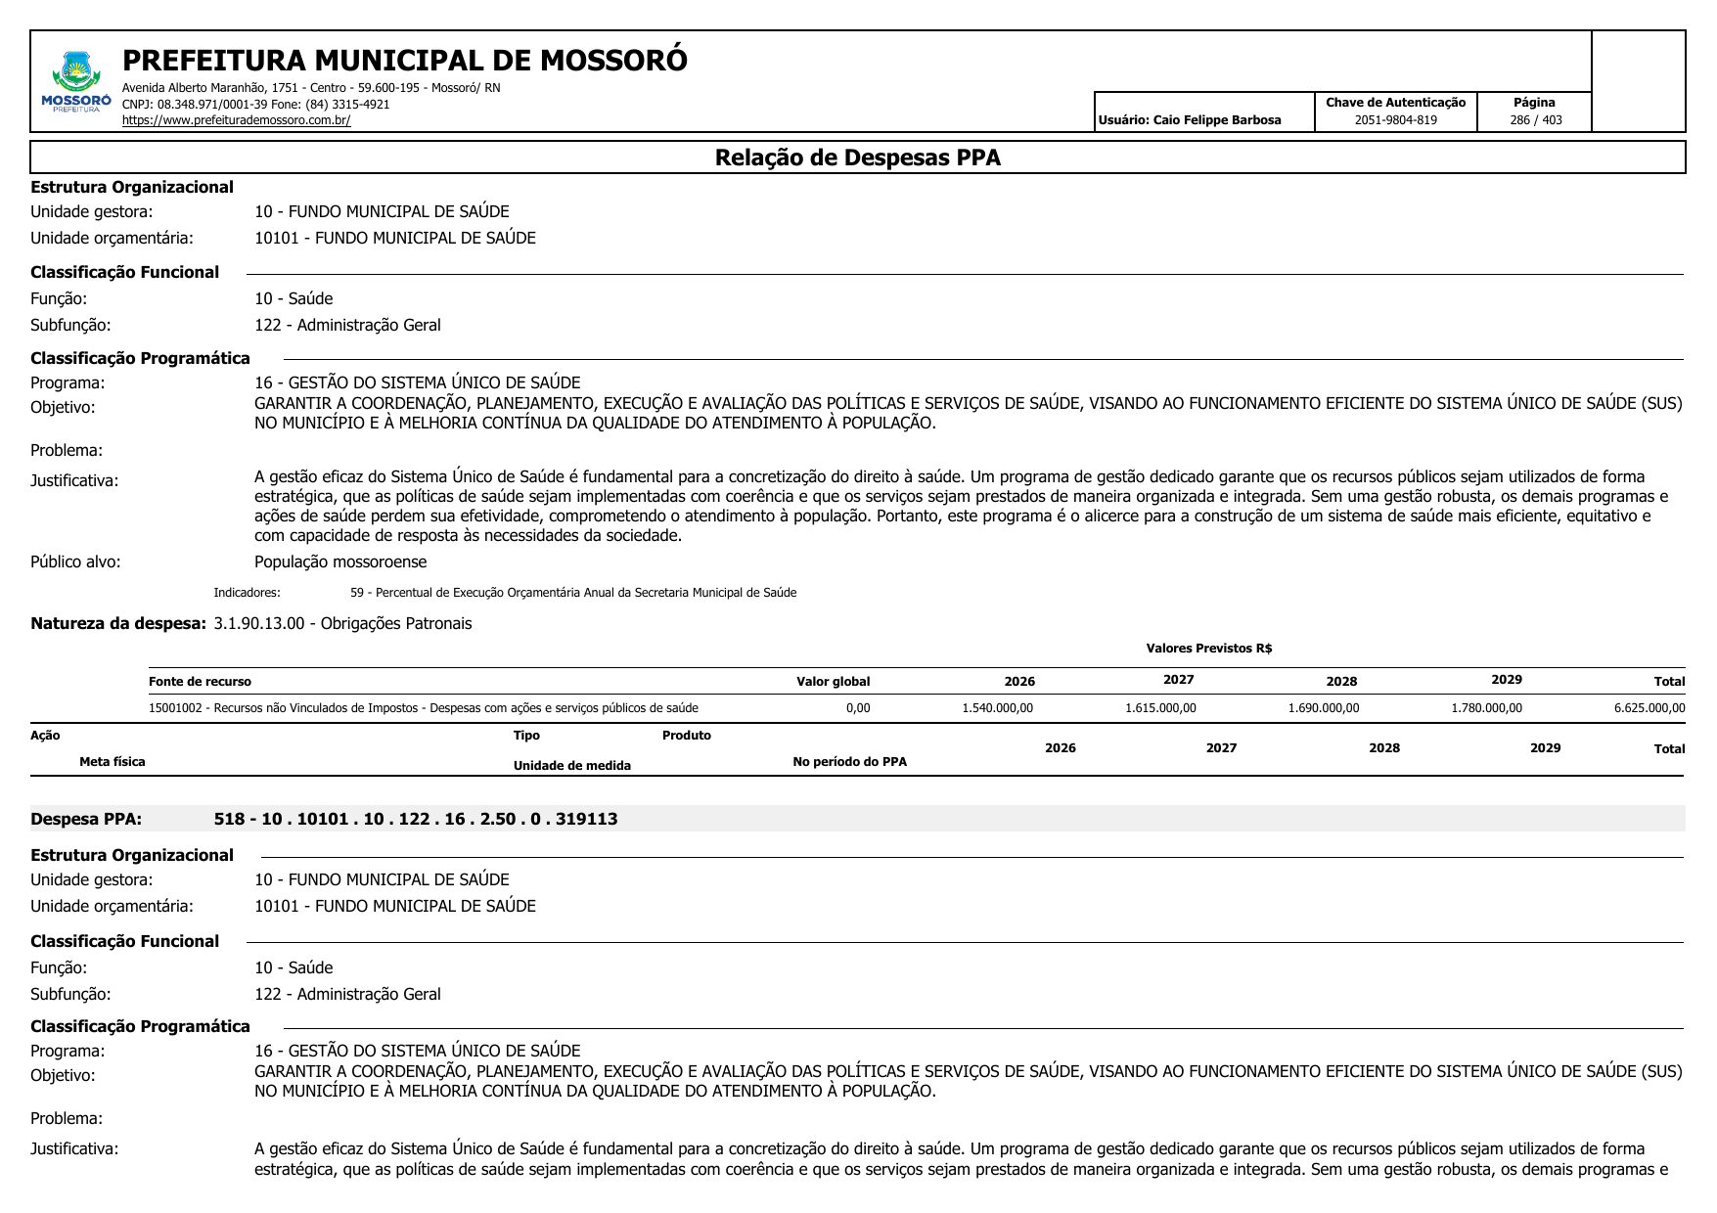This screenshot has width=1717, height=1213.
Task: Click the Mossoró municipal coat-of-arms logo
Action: tap(76, 82)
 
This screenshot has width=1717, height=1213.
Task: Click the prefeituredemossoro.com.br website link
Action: tap(236, 120)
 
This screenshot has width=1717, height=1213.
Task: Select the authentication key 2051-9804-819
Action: tap(1395, 120)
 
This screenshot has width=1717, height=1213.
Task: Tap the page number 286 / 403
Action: tap(1535, 120)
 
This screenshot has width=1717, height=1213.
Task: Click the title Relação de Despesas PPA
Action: tap(857, 157)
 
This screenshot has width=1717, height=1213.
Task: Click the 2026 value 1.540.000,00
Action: tap(997, 708)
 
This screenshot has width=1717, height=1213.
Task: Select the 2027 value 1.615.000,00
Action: tap(1160, 708)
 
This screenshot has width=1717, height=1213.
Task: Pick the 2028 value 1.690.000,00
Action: tap(1323, 708)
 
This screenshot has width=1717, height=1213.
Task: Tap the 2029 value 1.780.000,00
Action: tap(1486, 708)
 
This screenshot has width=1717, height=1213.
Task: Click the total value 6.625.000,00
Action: tap(1649, 708)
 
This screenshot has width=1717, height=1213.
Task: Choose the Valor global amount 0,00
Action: tap(858, 708)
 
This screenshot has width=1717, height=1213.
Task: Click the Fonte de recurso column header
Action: tap(200, 682)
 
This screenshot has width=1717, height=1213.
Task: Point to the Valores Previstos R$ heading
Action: tap(1208, 649)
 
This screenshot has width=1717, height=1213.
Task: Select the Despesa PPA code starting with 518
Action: tap(416, 820)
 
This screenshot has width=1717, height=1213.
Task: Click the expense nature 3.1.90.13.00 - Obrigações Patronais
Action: tap(342, 624)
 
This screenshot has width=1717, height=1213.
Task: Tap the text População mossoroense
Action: tap(340, 562)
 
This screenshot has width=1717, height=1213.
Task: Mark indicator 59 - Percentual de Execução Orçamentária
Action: tap(573, 593)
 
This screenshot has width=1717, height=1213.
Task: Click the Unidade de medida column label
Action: tap(571, 766)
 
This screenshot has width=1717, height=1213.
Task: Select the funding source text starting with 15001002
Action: tap(423, 708)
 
